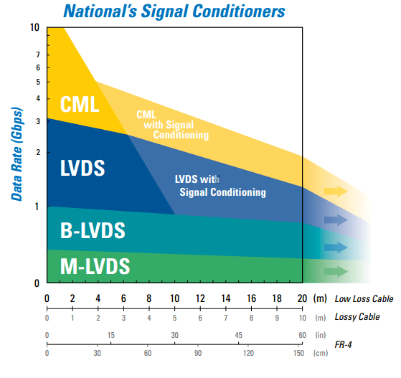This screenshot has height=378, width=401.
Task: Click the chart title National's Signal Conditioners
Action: (x=174, y=11)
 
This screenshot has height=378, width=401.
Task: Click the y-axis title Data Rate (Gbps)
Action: (x=17, y=154)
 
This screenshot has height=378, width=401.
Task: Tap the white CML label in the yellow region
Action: (x=80, y=105)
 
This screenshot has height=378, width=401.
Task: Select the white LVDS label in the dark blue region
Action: (x=82, y=169)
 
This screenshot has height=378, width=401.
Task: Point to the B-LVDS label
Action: (x=93, y=231)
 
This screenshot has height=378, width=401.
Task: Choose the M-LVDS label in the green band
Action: (x=95, y=267)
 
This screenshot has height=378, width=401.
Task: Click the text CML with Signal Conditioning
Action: (x=172, y=124)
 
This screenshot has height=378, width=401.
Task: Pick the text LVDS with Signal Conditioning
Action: (x=222, y=186)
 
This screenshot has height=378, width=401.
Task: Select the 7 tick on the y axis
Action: (x=37, y=55)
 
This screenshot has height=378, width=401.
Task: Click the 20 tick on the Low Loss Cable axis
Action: (x=301, y=298)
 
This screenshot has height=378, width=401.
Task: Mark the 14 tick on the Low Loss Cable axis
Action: (x=225, y=298)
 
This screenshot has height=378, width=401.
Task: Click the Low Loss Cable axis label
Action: (x=362, y=298)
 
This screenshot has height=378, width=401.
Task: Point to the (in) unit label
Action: (x=319, y=335)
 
